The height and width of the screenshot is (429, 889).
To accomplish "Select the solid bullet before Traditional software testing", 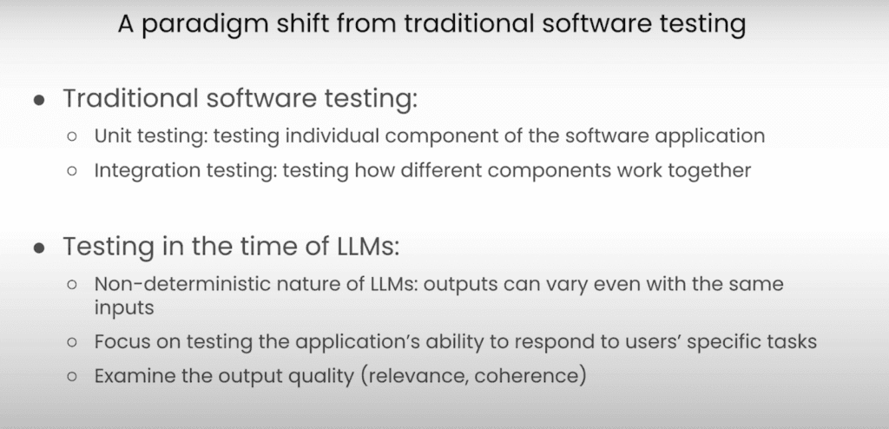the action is click(x=39, y=100).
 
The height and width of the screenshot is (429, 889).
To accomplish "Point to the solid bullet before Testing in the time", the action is click(x=39, y=247).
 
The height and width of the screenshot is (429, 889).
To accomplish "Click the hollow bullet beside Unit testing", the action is click(x=71, y=136).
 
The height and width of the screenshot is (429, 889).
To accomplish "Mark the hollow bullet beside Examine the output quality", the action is click(x=71, y=376).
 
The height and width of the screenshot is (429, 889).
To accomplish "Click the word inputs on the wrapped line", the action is click(x=123, y=308).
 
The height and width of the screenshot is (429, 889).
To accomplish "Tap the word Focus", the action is click(x=118, y=341).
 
